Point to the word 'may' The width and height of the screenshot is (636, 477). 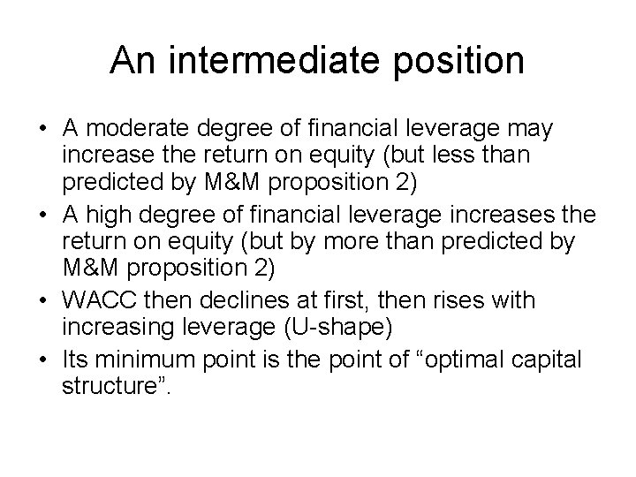click(529, 130)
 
